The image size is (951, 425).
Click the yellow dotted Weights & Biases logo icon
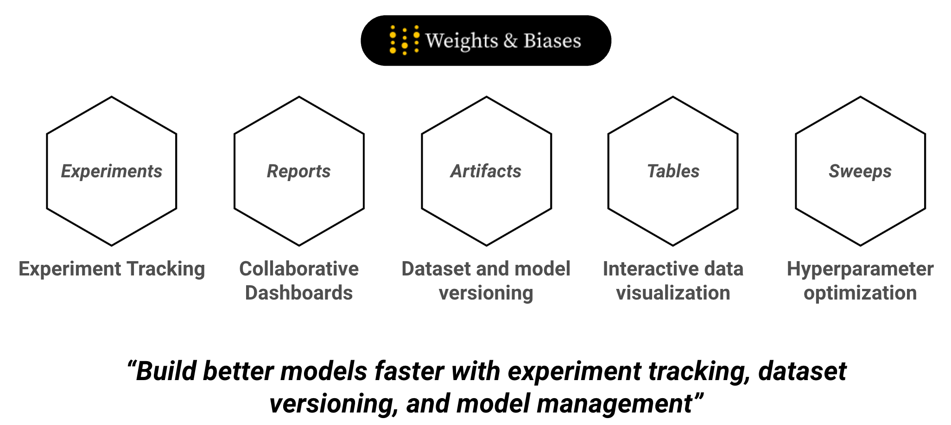405,40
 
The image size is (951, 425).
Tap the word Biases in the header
552,41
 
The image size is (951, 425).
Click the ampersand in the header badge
510,41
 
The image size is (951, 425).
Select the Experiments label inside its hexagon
112,171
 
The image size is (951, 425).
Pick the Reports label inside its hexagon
299,171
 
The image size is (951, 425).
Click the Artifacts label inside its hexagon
486,171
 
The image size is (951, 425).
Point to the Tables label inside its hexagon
673,171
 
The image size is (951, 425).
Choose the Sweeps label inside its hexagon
860,171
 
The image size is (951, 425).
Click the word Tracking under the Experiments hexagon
165,269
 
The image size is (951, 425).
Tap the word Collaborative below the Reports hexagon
299,269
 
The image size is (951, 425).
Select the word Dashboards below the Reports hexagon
299,293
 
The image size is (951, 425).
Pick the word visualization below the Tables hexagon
673,293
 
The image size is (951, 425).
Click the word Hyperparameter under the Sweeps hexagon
860,269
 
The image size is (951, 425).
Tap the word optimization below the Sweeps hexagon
860,294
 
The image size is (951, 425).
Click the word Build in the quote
167,371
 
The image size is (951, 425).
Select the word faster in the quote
409,371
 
